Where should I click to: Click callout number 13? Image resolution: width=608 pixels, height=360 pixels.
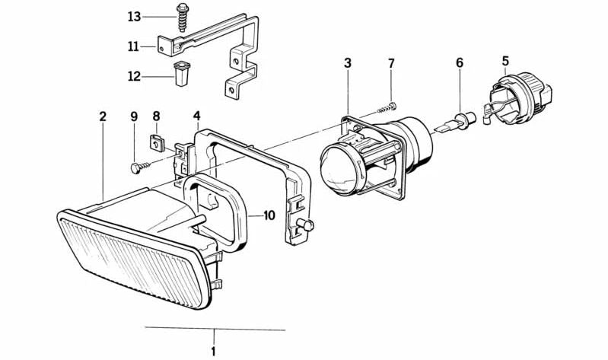click(x=134, y=17)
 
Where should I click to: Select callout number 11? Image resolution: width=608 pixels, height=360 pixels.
click(x=134, y=47)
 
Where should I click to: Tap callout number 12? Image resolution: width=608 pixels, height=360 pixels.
click(x=134, y=76)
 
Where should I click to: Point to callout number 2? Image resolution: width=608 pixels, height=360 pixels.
click(x=103, y=116)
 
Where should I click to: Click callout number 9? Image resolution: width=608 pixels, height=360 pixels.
click(x=134, y=116)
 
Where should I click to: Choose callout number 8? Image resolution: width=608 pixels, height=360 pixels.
click(x=157, y=116)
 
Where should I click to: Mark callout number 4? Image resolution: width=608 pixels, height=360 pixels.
click(x=196, y=116)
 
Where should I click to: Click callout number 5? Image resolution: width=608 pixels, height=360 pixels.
click(x=505, y=60)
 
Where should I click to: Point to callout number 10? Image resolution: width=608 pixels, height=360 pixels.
click(x=269, y=215)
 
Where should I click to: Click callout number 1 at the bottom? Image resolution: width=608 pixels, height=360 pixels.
click(x=214, y=351)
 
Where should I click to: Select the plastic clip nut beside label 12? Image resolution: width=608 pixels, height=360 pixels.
click(x=181, y=75)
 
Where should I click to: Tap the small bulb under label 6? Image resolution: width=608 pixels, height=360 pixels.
click(x=460, y=119)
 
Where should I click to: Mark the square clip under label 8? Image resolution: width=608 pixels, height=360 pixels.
click(x=154, y=141)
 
